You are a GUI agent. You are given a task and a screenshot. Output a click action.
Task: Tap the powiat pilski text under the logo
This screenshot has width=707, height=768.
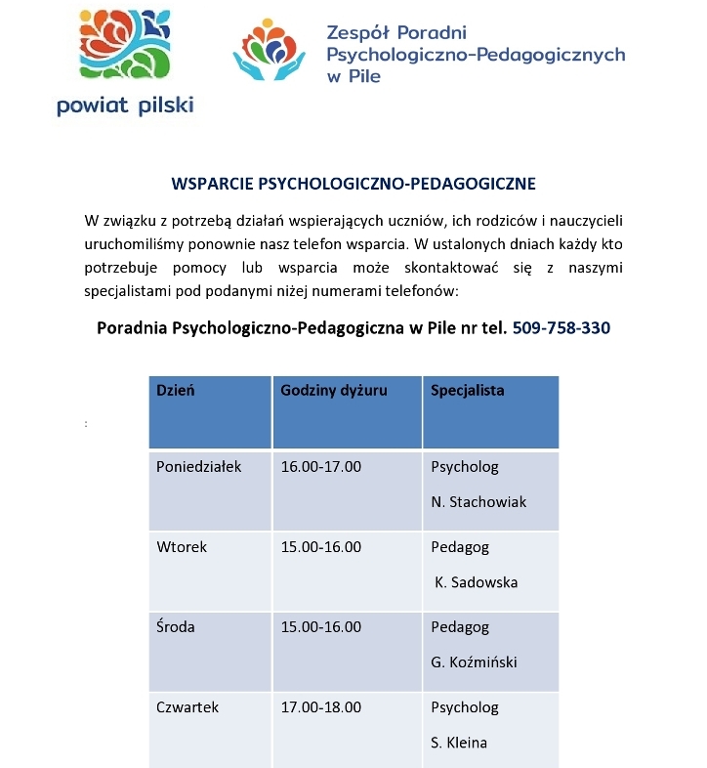[x=125, y=105]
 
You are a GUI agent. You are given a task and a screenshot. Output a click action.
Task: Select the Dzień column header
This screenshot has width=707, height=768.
[x=176, y=391]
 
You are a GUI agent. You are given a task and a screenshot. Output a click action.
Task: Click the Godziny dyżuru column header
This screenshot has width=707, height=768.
[x=334, y=391]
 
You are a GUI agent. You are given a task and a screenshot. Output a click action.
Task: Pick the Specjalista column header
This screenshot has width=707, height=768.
[x=468, y=391]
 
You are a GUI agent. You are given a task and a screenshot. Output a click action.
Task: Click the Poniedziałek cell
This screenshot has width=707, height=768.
[x=198, y=467]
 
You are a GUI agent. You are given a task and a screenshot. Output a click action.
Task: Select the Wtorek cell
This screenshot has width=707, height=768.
[x=182, y=547]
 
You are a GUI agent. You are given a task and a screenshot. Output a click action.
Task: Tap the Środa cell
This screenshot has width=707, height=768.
[x=176, y=627]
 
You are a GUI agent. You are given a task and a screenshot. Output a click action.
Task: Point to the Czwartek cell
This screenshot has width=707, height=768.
[x=188, y=707]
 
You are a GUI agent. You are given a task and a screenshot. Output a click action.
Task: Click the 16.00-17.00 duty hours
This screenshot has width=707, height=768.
[x=320, y=467]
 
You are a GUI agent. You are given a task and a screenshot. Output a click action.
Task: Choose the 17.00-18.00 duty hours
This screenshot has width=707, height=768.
[x=320, y=707]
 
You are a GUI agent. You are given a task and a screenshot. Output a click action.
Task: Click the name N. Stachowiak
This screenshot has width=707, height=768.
[x=478, y=502]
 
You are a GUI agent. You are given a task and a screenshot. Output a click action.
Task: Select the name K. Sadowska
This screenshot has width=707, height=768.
[x=477, y=582]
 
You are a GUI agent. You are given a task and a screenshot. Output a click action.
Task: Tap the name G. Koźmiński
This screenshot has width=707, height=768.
[x=474, y=662]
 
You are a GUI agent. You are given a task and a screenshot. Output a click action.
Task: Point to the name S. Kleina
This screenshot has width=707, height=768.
[x=459, y=743]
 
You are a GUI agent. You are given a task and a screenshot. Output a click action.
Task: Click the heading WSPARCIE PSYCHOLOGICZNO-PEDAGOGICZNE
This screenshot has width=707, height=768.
[x=353, y=184]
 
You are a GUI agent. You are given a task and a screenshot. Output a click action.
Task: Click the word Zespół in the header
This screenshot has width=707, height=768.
[x=355, y=32]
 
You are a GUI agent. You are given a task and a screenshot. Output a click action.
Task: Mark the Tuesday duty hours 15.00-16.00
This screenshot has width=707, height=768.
[x=320, y=547]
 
